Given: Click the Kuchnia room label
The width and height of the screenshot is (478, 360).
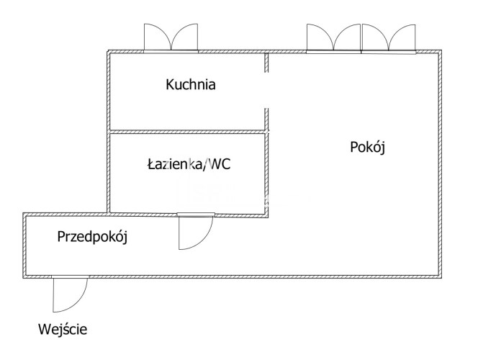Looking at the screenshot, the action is coord(191,84).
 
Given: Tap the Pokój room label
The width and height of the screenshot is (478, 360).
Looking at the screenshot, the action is coord(367,148).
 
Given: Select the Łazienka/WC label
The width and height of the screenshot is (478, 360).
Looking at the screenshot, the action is coord(189,164).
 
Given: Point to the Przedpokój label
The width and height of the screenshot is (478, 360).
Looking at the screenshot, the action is coord(92,237).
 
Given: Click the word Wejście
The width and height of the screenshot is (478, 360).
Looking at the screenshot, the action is coord(63,329).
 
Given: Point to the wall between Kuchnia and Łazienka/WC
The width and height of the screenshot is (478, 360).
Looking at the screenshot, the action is coord(188,132).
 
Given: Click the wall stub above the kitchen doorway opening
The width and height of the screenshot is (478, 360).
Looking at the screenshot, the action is coord(266,63).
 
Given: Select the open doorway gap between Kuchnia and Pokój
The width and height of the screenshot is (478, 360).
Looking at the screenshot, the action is coord(266,90).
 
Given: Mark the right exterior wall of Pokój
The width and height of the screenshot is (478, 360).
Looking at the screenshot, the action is coord(440,164).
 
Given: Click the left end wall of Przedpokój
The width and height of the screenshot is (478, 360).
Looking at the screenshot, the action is coord(24,246).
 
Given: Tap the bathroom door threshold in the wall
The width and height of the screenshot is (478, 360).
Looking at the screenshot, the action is coord(196,215).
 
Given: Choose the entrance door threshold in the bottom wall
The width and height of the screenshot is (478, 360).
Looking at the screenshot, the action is coord(70,276).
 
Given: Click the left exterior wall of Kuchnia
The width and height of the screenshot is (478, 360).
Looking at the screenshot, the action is coord(108,131).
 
